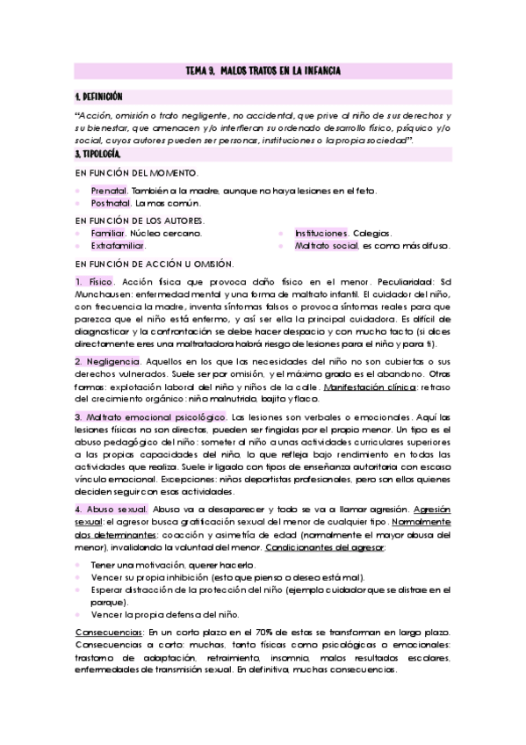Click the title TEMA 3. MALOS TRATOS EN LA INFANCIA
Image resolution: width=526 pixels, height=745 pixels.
[263, 69]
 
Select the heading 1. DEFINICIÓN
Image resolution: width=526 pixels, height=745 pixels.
[99, 97]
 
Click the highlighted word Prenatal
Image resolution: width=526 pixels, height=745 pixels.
[110, 190]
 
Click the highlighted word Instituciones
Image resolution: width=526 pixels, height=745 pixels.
[321, 234]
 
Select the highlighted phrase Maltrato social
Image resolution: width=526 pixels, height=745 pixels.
[327, 247]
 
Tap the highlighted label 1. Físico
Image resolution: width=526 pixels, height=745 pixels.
[94, 281]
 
